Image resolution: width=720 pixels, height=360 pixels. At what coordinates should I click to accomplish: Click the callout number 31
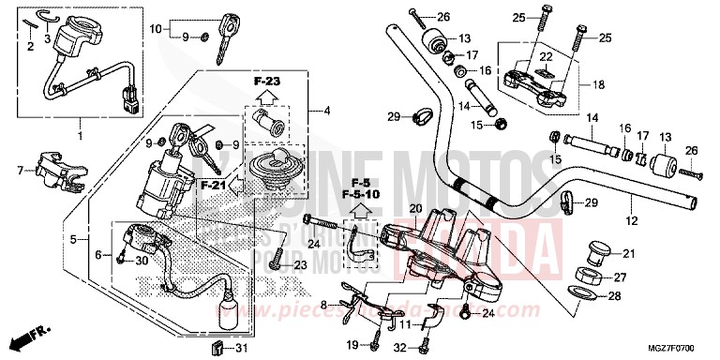pos(241,350)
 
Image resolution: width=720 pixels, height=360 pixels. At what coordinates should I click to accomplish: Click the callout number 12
pos(631,219)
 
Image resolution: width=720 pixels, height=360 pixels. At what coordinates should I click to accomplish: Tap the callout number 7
pos(18,170)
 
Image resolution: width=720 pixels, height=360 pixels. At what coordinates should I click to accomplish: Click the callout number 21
pos(627,254)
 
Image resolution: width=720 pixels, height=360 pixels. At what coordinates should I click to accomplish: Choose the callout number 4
pos(326,112)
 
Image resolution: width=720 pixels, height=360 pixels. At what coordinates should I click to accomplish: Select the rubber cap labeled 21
pos(595,251)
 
